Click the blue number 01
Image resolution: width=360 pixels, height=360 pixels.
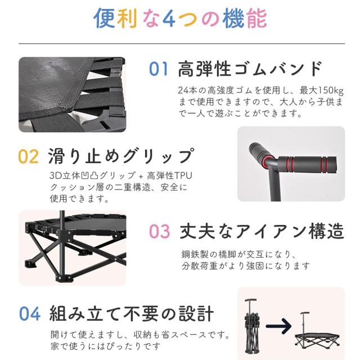coord(159,69)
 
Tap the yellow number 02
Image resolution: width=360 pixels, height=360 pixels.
coord(29,156)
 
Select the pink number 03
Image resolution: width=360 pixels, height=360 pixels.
coord(159,231)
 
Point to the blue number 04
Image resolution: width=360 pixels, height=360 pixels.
coord(29,313)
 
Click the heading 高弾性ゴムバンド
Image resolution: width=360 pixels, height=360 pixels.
coord(250,69)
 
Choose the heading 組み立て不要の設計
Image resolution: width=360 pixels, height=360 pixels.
coord(131,313)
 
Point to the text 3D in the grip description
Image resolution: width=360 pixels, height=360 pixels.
coord(55,175)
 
